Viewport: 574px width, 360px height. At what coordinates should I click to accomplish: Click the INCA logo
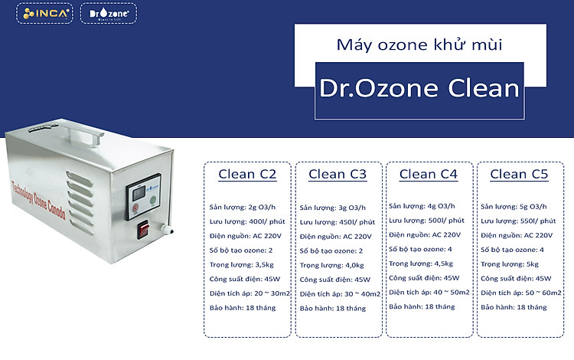pos(44,13)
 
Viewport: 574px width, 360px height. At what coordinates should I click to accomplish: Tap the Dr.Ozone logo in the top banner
pos(109,13)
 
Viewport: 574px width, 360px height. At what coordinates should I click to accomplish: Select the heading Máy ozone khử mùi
pos(419,45)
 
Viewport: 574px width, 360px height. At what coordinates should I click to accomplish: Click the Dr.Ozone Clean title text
pos(419,88)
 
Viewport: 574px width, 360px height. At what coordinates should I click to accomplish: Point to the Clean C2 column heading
pos(247,174)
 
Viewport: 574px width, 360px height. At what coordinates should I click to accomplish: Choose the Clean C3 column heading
pos(338,174)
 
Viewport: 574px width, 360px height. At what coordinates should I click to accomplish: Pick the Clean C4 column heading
pos(429,174)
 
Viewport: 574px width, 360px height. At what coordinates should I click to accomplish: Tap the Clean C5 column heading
pos(519,174)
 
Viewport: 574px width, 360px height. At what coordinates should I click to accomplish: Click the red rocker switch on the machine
pos(143,230)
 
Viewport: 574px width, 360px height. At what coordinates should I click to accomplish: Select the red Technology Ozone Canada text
pos(38,201)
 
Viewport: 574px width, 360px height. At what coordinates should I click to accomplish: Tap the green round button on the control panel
pos(153,201)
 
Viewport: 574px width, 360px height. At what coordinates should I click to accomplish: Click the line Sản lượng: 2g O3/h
pos(243,208)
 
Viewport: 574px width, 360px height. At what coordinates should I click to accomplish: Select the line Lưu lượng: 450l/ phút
pos(338,222)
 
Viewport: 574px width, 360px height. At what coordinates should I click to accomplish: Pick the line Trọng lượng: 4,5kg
pos(421,263)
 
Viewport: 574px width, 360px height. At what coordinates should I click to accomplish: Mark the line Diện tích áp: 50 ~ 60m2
pos(521,293)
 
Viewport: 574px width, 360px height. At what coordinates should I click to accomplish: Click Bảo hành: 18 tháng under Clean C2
pos(243,308)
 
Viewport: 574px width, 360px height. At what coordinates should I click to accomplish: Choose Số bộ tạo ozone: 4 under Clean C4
pos(420,249)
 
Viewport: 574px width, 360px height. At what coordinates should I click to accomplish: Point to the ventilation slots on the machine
pos(80,203)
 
